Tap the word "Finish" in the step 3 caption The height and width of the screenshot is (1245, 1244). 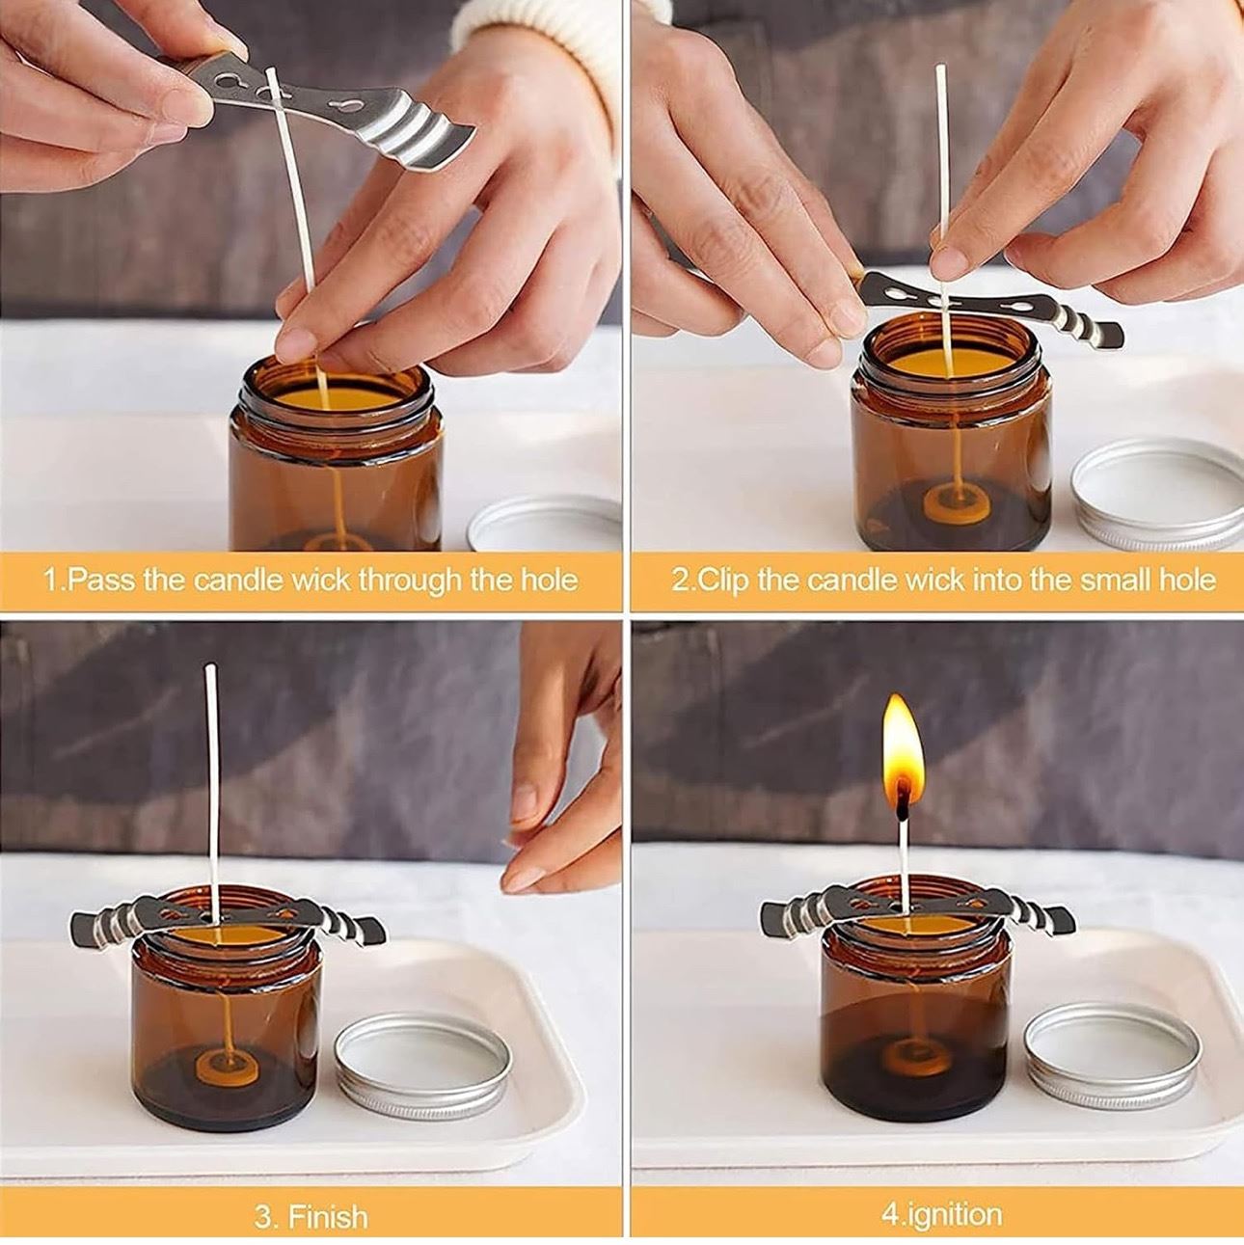(x=328, y=1199)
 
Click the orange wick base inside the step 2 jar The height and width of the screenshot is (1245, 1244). (x=957, y=502)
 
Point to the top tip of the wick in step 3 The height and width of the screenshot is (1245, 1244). (x=210, y=667)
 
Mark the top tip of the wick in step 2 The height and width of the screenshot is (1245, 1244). (x=940, y=67)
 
